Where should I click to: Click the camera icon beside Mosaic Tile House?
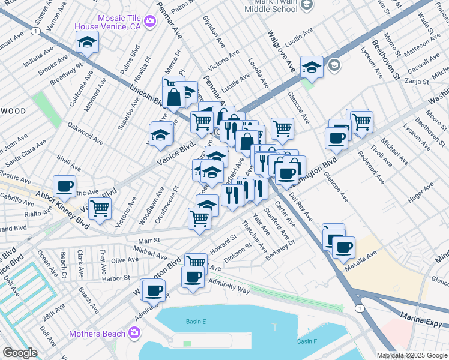tap(150, 22)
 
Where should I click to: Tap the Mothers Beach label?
tap(97, 334)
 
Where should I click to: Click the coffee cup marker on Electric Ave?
tap(64, 186)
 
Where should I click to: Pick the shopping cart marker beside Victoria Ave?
tap(100, 208)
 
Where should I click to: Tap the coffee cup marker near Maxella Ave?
tap(343, 247)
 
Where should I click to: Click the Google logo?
tap(20, 353)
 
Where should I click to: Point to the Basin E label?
tap(196, 322)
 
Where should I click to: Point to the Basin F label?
tap(306, 341)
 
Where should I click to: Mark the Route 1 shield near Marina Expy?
tap(359, 308)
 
